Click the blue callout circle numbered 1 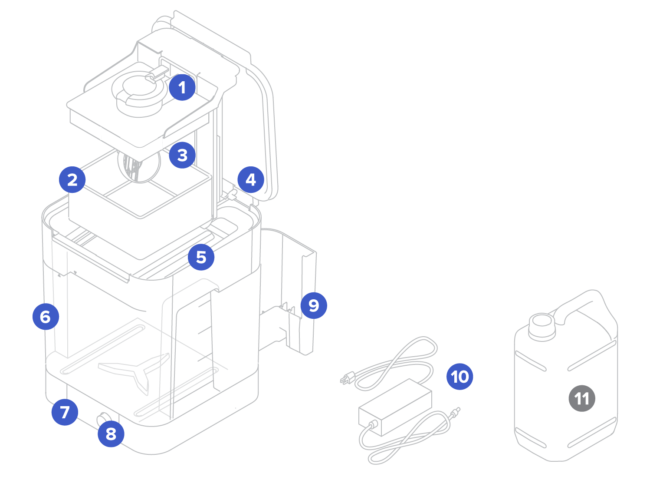pyautogui.click(x=182, y=87)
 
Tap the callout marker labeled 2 pyautogui.click(x=72, y=179)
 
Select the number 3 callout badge pyautogui.click(x=182, y=155)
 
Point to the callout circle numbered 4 pyautogui.click(x=251, y=179)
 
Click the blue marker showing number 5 pyautogui.click(x=201, y=257)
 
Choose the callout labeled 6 pyautogui.click(x=46, y=317)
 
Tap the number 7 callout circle pyautogui.click(x=65, y=412)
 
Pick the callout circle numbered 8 pyautogui.click(x=111, y=434)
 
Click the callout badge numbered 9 pyautogui.click(x=314, y=305)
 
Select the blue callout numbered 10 pyautogui.click(x=460, y=376)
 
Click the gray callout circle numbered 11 pyautogui.click(x=581, y=398)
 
